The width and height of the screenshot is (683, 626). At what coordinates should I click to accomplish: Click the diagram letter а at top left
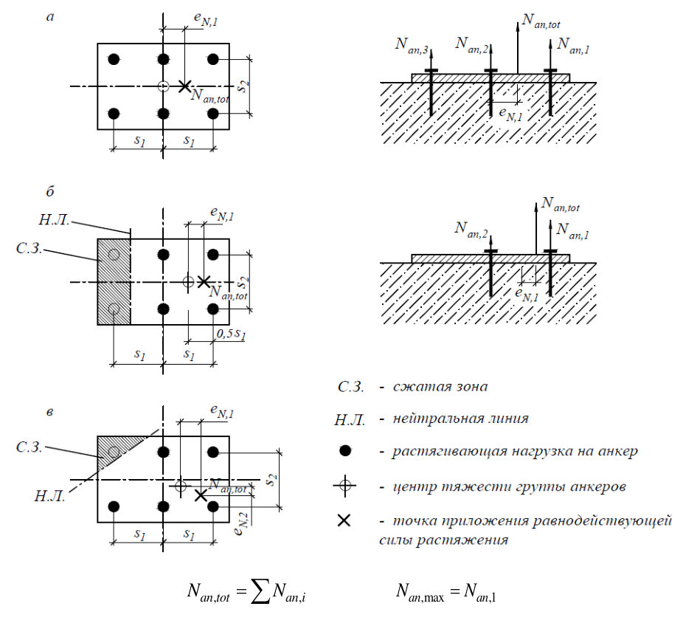(51, 18)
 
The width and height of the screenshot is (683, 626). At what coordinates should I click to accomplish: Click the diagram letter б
(50, 191)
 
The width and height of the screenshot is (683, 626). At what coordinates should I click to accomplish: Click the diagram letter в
(50, 412)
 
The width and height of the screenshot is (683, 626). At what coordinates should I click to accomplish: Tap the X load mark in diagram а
(184, 86)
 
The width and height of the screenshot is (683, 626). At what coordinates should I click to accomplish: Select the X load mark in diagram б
(204, 281)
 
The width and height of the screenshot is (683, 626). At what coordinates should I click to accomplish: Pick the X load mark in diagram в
(201, 495)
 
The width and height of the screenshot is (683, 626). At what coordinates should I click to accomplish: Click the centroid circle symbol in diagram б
(188, 281)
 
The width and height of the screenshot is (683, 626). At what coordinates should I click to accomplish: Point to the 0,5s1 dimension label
(231, 334)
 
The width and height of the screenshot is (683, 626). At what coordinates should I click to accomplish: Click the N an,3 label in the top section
(412, 46)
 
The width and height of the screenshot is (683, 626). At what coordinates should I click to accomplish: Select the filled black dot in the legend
(345, 451)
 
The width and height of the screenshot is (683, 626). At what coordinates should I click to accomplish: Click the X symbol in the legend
(344, 520)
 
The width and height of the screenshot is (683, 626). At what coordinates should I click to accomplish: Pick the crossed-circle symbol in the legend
(345, 485)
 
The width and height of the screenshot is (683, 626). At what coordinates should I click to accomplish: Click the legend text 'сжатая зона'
(440, 387)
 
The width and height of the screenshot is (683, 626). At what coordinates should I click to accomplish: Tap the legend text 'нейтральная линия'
(461, 419)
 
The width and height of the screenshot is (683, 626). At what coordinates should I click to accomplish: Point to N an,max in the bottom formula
(420, 593)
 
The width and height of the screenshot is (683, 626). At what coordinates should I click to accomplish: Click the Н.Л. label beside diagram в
(50, 496)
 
